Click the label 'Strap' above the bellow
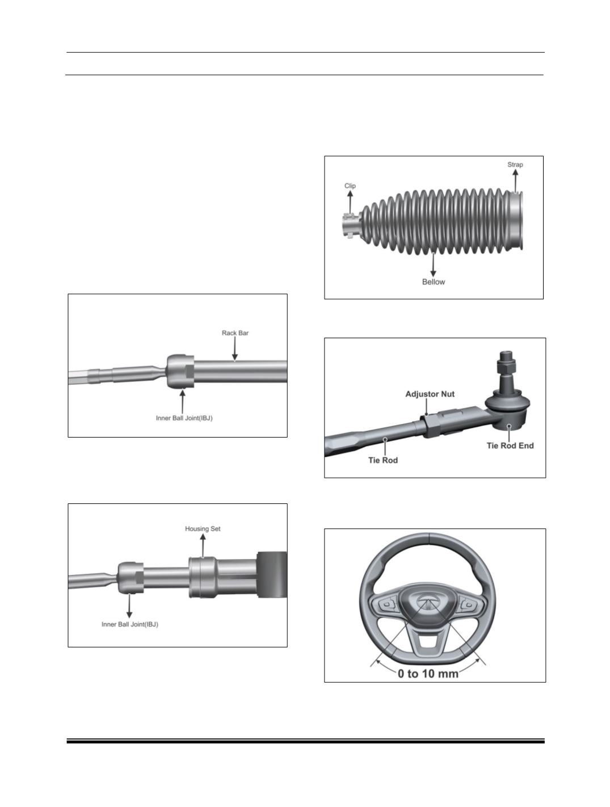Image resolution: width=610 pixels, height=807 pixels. click(x=515, y=165)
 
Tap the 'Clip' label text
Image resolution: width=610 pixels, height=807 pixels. click(x=350, y=186)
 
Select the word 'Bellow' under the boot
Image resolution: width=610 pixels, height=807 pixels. click(x=434, y=282)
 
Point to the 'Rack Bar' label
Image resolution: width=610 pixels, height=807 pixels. click(x=235, y=333)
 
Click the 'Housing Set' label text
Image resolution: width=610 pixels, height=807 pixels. click(x=203, y=529)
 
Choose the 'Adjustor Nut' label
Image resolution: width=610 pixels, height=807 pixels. click(x=430, y=394)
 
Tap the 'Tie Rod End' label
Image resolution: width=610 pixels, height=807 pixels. click(x=510, y=445)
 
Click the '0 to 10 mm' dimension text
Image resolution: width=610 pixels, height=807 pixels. click(x=428, y=674)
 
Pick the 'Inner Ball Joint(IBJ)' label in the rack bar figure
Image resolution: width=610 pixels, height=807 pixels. click(x=184, y=418)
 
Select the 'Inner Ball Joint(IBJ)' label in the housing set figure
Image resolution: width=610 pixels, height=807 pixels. click(x=130, y=624)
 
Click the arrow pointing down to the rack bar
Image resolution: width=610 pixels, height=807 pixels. click(x=235, y=349)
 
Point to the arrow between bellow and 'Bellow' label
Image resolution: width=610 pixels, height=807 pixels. click(x=434, y=265)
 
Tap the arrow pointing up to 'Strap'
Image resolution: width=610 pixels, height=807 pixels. click(x=516, y=181)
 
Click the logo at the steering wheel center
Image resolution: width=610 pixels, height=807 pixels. click(x=427, y=600)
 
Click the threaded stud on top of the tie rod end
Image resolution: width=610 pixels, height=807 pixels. click(x=503, y=364)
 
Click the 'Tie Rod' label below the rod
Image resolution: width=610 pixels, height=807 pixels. click(x=383, y=460)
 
